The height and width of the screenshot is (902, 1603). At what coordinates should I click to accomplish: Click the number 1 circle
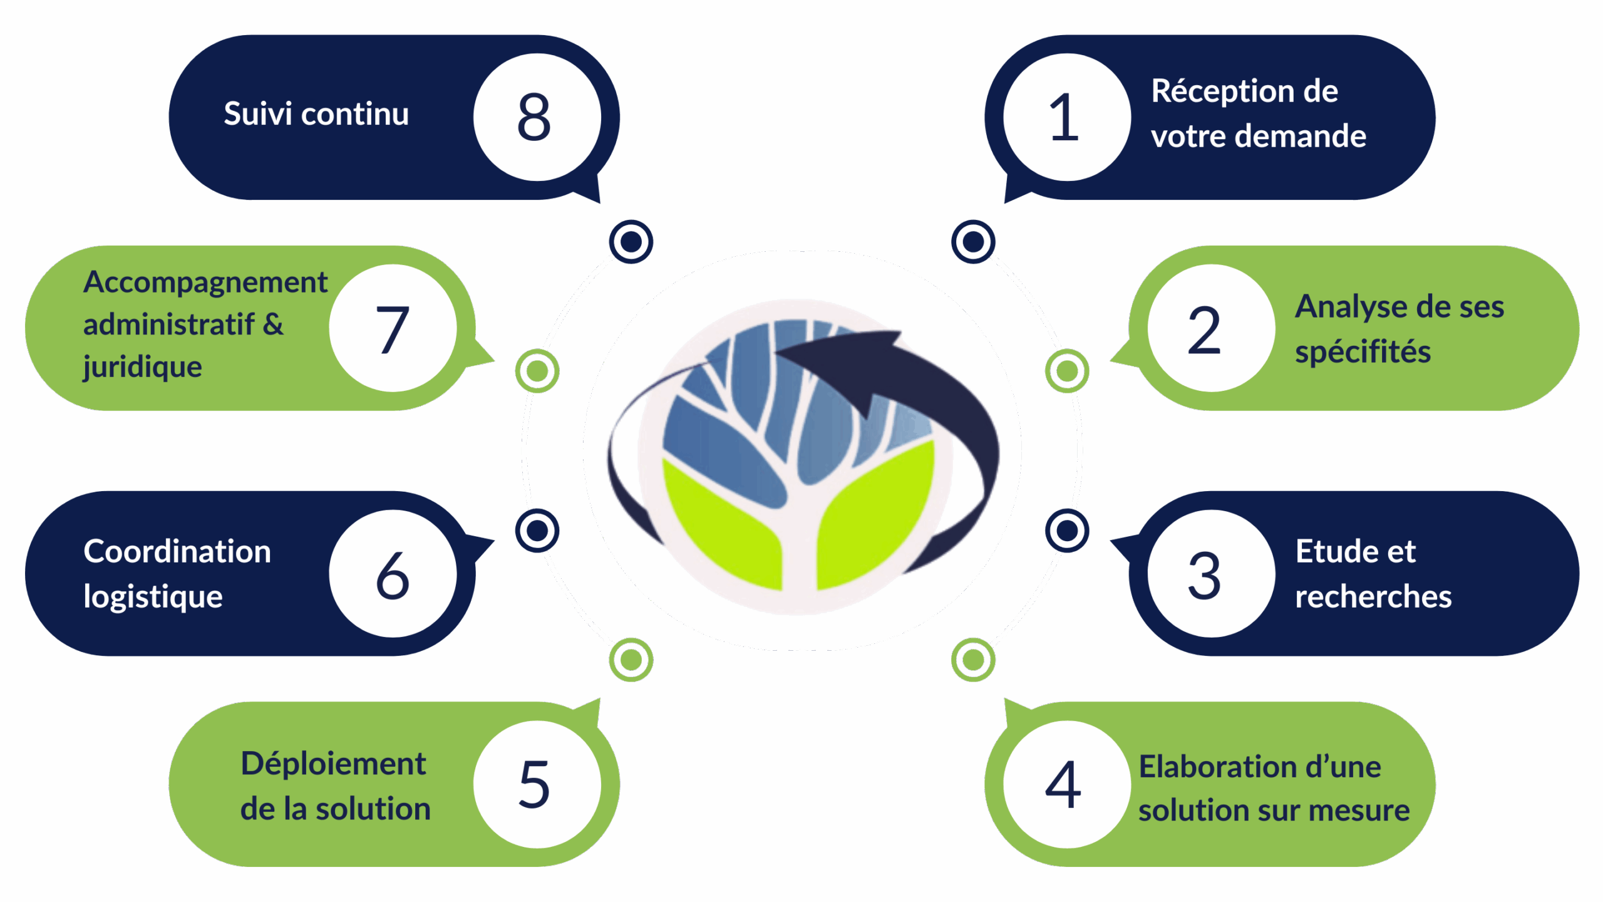coord(1066,117)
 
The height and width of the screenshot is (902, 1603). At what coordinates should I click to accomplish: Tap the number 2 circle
coord(1211,328)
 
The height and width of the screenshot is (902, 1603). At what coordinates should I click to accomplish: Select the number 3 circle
coord(1211,574)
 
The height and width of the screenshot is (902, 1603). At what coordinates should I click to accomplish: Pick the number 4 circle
coord(1066,784)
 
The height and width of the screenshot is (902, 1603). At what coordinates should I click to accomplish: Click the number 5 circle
coord(537,784)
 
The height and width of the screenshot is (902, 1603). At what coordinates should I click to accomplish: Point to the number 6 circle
coord(393,574)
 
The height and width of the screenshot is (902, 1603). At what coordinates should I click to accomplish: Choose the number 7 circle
coord(393,328)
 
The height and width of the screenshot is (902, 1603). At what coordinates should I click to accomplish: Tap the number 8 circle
coord(537,117)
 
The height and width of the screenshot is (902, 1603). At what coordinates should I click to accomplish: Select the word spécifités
coord(1363,352)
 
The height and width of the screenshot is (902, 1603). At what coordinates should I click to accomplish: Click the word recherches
coord(1373,596)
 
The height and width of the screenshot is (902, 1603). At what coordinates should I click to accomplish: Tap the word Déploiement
coord(333,765)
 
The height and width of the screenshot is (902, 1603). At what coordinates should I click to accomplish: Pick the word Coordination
coord(177,552)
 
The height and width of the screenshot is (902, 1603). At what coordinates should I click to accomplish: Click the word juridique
coord(143,367)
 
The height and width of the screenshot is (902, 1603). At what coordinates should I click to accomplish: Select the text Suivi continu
coord(316,114)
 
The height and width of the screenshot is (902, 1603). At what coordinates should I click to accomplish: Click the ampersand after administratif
coord(273,324)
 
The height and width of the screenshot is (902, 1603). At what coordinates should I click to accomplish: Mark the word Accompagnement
coord(205,283)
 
